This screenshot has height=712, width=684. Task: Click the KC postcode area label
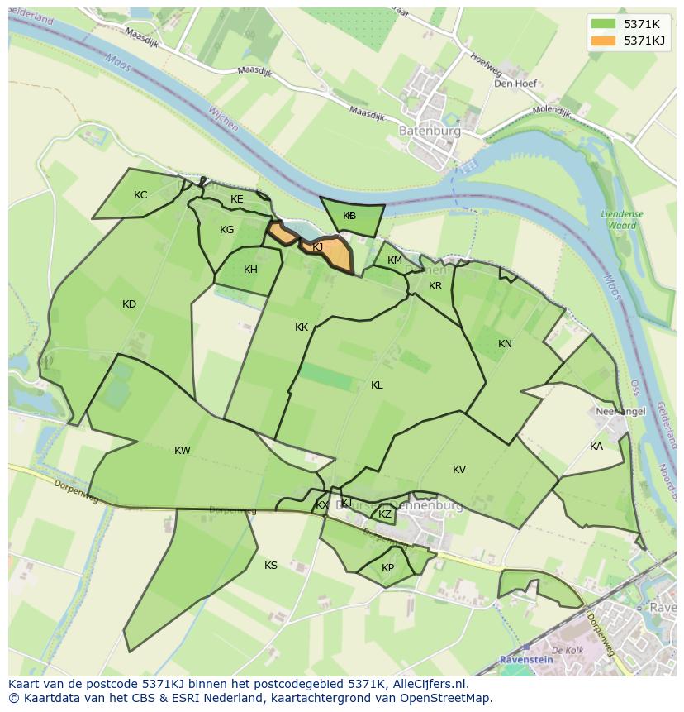(140, 195)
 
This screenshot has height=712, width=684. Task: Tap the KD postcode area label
(129, 304)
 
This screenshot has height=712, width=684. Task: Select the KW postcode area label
(183, 451)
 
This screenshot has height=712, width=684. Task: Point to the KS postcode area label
(271, 566)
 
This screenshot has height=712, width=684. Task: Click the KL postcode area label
(377, 385)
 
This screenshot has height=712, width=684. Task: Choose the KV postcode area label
(459, 470)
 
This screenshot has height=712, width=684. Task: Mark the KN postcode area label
(505, 344)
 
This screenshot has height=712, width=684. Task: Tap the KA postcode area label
(596, 447)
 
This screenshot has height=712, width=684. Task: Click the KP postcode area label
(388, 568)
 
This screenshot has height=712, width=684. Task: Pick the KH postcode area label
(250, 270)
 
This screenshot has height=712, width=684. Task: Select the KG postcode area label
(227, 230)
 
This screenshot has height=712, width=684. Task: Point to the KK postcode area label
(302, 327)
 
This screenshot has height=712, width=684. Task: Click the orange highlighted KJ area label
(317, 246)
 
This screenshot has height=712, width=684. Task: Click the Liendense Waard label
(621, 219)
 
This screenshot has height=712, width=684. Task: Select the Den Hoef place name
(515, 84)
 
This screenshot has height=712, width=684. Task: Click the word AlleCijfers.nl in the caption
(430, 684)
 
